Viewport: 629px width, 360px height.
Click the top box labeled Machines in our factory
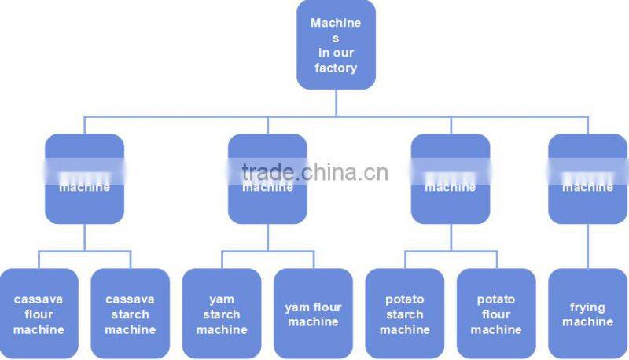click(x=336, y=45)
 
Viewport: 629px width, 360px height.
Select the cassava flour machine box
click(x=39, y=314)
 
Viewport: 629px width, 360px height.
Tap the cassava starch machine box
click(x=130, y=314)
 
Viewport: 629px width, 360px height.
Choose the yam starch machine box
click(x=222, y=314)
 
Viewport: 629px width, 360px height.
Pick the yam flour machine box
click(x=313, y=314)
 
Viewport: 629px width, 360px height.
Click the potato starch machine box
click(x=404, y=314)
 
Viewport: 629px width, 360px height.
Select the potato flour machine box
click(x=496, y=314)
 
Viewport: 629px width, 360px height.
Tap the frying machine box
click(x=587, y=314)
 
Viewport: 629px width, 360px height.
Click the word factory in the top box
click(x=336, y=68)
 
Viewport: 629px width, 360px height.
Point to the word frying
click(x=587, y=307)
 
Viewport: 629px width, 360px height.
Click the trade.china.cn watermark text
click(x=314, y=172)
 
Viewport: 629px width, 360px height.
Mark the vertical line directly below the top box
click(x=336, y=102)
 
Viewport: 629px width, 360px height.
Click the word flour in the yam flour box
click(x=327, y=307)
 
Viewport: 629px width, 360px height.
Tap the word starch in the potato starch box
click(x=404, y=314)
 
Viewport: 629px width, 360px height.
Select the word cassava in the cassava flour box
click(x=39, y=299)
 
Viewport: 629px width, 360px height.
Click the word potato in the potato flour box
click(x=496, y=299)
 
